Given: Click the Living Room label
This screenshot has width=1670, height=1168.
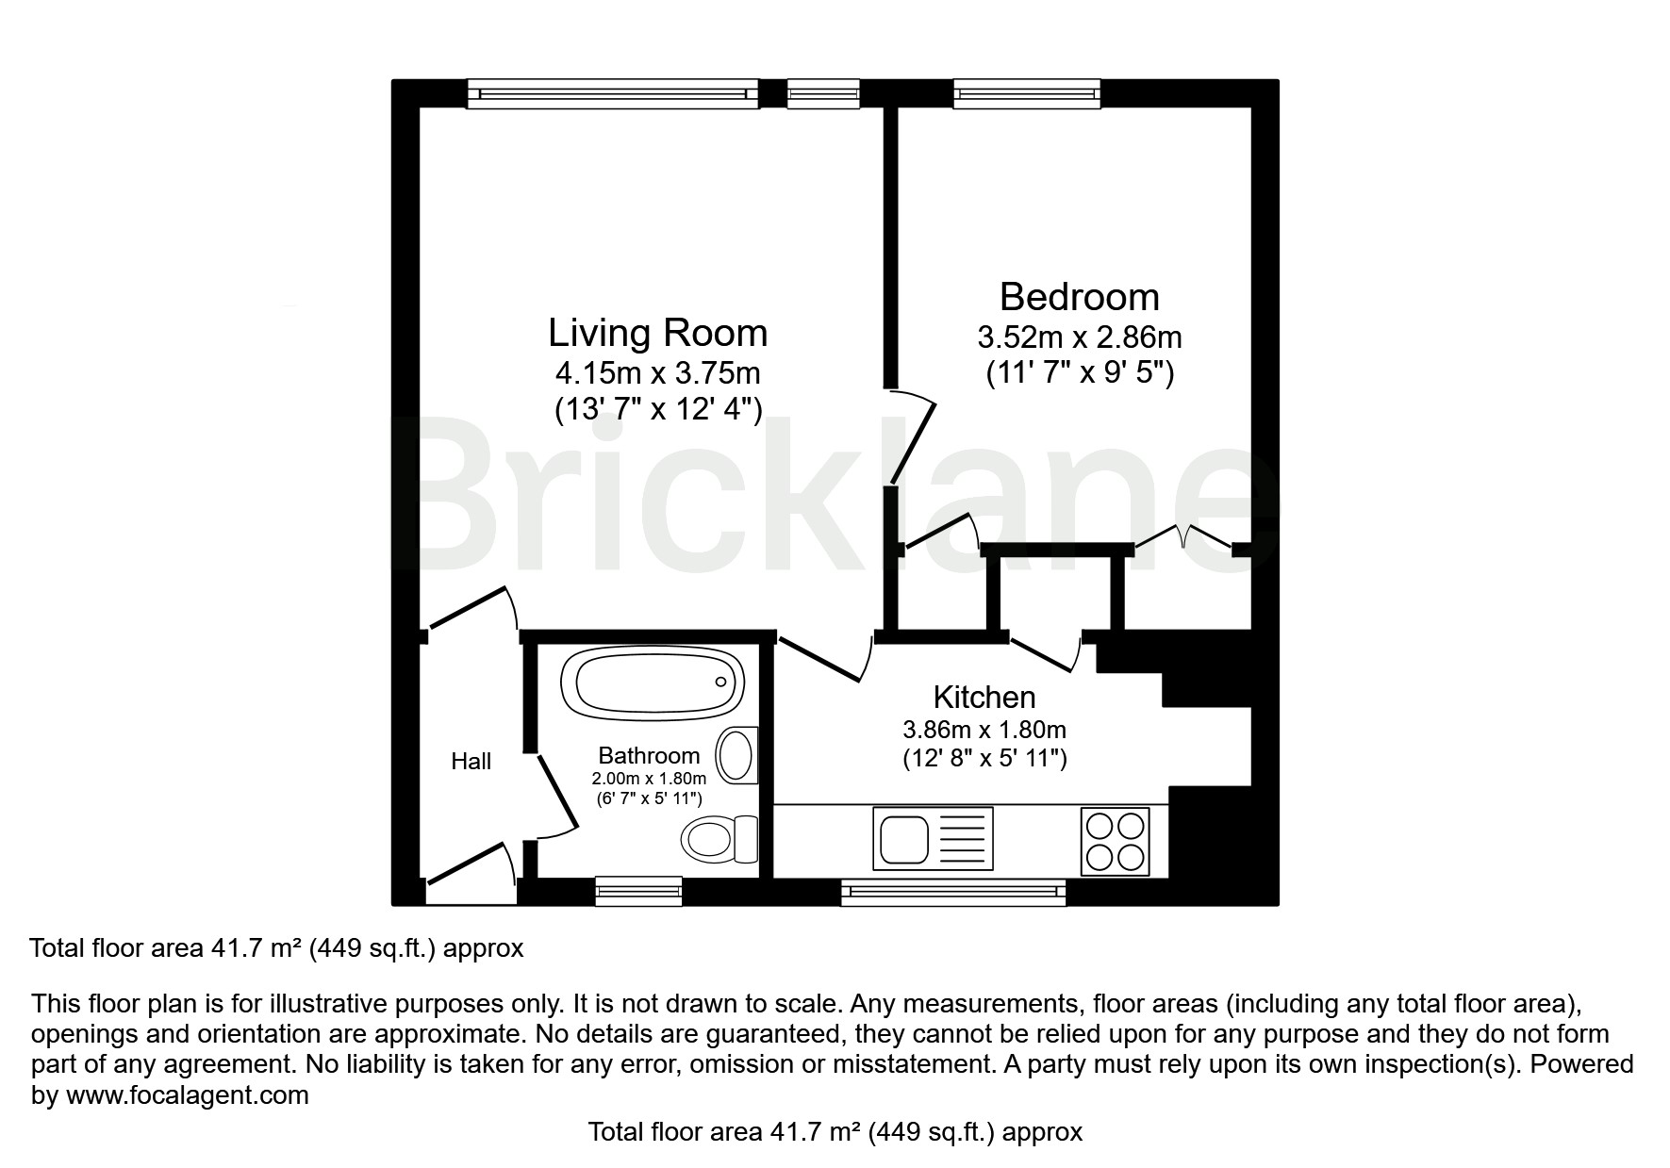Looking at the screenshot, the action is [x=657, y=333].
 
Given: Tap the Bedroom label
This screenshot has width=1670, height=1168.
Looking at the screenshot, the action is [x=1079, y=296].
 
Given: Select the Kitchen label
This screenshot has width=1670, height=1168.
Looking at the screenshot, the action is [x=984, y=697].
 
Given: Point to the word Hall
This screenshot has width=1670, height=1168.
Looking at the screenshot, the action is [x=471, y=761].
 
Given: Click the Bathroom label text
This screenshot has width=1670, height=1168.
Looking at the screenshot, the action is [x=649, y=755].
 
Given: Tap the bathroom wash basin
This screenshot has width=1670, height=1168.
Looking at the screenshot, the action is [x=737, y=755].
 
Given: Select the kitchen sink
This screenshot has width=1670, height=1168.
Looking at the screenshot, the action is [x=933, y=838].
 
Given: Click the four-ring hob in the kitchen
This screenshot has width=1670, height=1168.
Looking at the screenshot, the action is [x=1116, y=841].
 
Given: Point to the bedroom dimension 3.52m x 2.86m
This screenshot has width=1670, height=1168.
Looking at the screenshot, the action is [x=1080, y=337].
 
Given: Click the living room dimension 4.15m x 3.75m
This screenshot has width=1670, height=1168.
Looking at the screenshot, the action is [x=657, y=373].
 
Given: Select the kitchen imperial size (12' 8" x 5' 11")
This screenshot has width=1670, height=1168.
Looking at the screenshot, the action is [x=984, y=758].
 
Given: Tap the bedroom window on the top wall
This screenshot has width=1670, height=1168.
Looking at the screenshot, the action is [x=1027, y=93].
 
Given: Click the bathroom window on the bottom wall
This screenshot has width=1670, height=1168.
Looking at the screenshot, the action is [x=638, y=890].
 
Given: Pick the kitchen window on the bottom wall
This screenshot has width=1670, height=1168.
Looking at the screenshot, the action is [x=953, y=892].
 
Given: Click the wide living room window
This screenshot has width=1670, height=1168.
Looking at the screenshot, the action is [x=613, y=93].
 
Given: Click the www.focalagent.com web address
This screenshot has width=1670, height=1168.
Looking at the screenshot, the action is [x=187, y=1095].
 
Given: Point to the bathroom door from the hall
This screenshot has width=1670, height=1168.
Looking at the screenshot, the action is [x=555, y=794].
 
